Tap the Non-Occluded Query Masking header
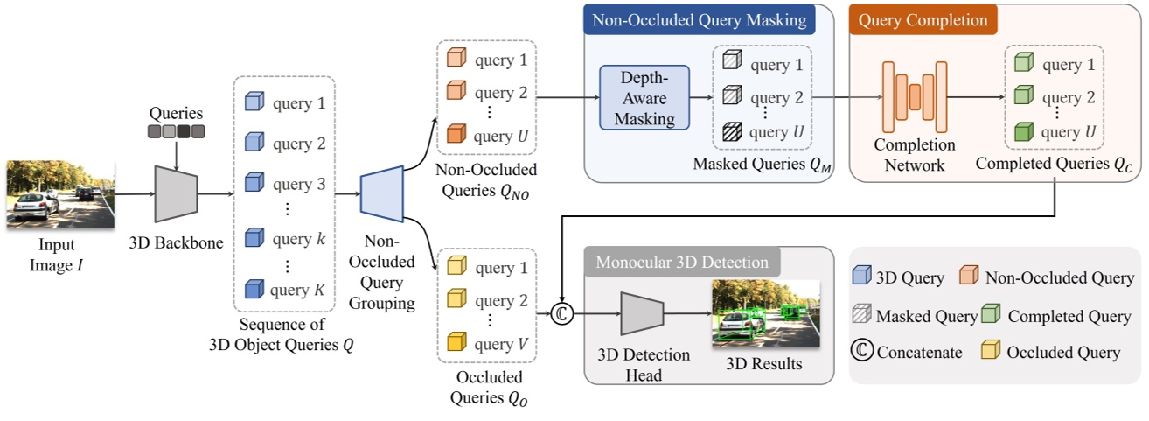700,19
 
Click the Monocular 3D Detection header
682,262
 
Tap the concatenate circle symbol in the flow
562,314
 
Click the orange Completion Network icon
915,97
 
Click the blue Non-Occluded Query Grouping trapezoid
381,193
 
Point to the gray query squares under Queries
176,132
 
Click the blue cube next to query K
254,289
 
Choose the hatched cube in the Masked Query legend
862,315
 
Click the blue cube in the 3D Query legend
862,278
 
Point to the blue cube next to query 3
254,185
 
